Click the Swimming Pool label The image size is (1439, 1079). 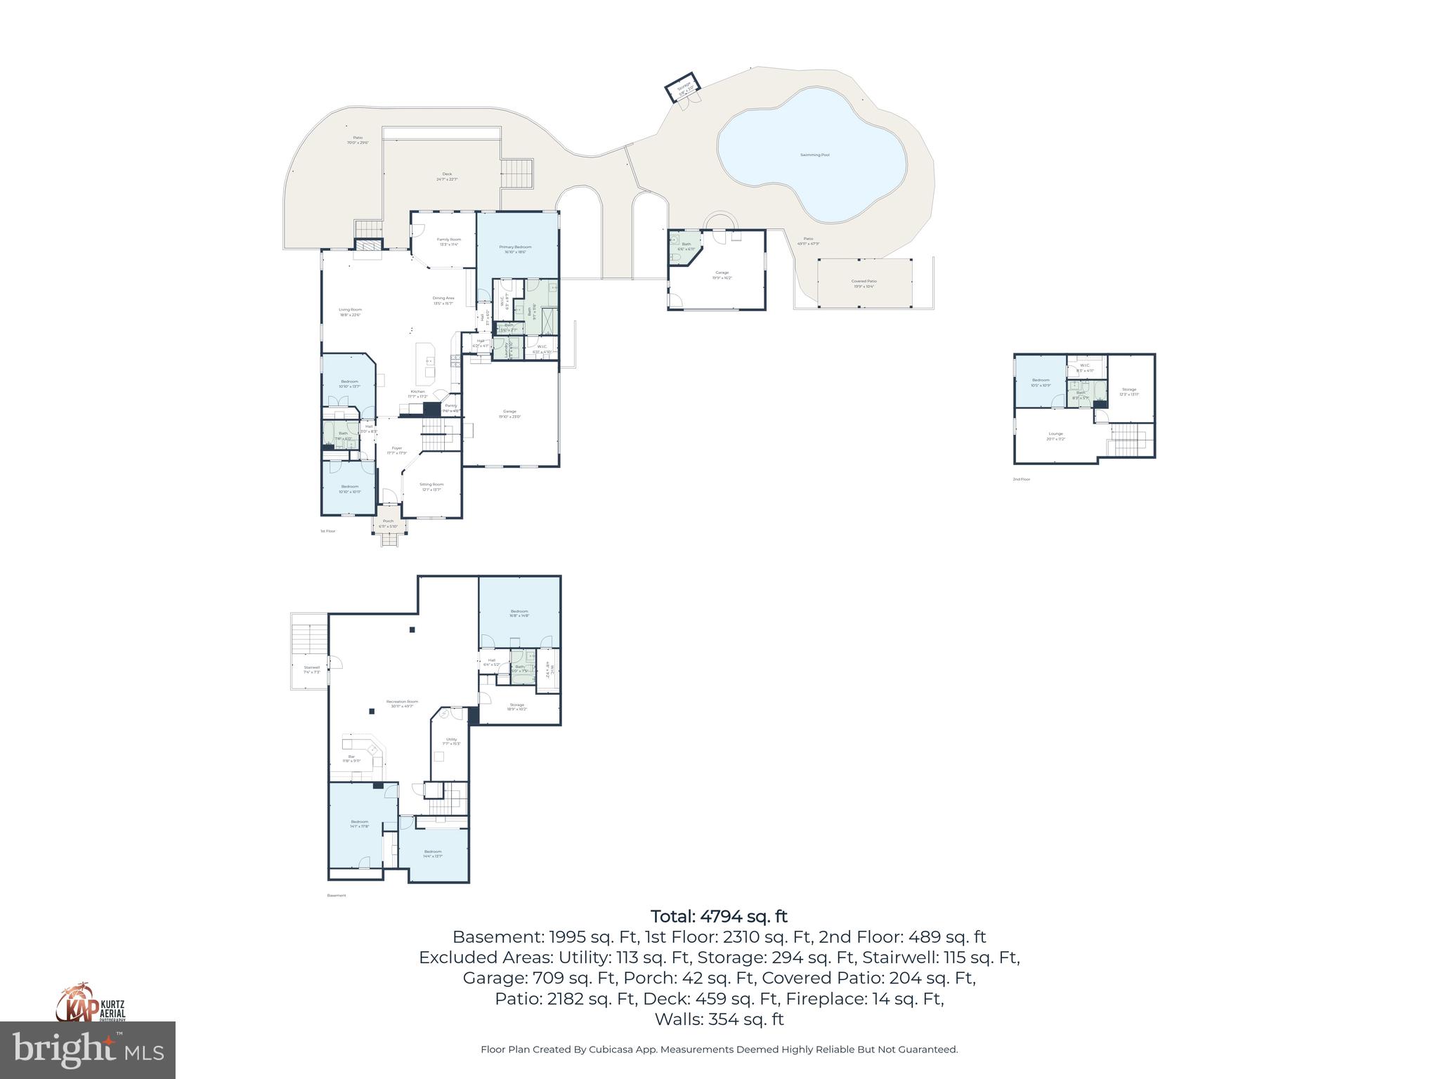[814, 155]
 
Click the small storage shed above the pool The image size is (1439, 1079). [684, 88]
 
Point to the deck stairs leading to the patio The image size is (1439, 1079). [517, 173]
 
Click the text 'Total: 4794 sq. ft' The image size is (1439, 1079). [719, 916]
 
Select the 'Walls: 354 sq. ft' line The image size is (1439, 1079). [719, 1019]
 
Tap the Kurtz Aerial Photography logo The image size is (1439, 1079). [91, 1002]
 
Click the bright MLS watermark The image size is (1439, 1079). [88, 1049]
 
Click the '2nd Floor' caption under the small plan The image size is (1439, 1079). [1021, 479]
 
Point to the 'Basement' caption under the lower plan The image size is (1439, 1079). [337, 896]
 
